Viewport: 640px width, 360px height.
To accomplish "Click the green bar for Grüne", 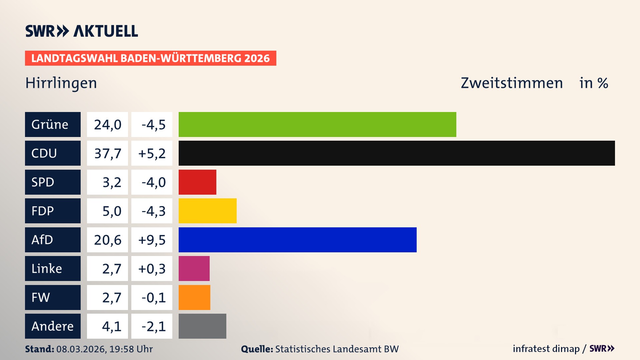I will coord(317,124).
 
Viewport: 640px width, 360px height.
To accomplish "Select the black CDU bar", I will coord(397,153).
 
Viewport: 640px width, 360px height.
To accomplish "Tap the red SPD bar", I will coord(197,182).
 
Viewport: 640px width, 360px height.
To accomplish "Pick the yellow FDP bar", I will coord(207,211).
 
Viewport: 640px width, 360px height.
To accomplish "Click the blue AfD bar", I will coord(297,240).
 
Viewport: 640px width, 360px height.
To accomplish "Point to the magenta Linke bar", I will coord(194,268).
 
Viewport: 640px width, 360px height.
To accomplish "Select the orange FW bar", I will coord(194,297).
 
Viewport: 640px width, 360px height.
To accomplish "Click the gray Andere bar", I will coord(202,326).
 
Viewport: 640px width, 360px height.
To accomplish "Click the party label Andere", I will coord(53,326).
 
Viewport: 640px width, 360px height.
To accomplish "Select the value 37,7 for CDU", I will coord(107,153).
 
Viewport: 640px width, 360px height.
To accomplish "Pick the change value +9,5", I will coord(152,240).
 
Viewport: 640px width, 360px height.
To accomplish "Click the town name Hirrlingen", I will coord(61,83).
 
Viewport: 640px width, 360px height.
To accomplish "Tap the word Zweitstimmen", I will coord(512,83).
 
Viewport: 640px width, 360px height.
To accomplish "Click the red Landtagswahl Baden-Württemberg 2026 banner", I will coord(150,58).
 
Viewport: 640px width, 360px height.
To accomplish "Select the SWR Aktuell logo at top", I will coord(82,31).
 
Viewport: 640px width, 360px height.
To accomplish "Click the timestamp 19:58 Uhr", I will coord(131,349).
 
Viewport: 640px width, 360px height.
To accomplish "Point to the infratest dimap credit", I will coord(546,349).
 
